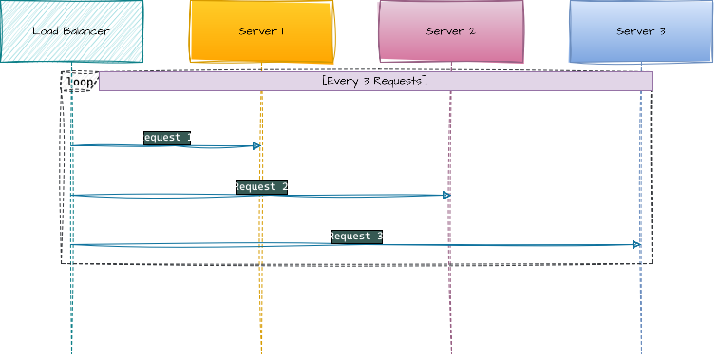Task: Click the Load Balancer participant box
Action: click(x=71, y=31)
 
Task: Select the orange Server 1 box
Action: click(x=261, y=31)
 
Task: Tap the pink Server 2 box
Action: click(x=451, y=31)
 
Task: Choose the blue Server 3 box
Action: click(x=641, y=31)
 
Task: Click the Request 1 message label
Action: click(x=166, y=138)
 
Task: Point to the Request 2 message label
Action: click(x=261, y=187)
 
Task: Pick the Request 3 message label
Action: click(x=356, y=237)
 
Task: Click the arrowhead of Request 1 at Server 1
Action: click(x=256, y=145)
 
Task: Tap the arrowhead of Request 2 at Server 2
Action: click(x=446, y=195)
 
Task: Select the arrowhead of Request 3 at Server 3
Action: click(x=636, y=244)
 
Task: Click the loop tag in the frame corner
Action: click(x=80, y=82)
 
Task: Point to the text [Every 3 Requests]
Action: click(x=374, y=81)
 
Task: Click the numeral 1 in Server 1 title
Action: click(x=281, y=31)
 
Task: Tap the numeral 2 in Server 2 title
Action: click(x=471, y=31)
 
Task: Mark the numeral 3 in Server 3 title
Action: click(x=661, y=31)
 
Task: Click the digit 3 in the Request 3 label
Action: click(x=380, y=237)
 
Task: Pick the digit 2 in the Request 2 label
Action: click(x=285, y=187)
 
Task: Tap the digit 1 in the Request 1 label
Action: click(x=190, y=138)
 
